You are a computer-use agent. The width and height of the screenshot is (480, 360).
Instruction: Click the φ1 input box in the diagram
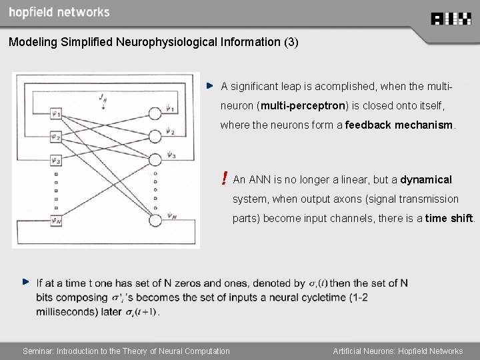coord(55,115)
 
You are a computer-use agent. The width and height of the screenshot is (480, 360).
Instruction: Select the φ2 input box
coord(55,137)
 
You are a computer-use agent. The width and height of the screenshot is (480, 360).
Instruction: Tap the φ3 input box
coord(55,160)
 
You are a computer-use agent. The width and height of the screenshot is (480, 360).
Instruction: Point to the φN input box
coord(55,219)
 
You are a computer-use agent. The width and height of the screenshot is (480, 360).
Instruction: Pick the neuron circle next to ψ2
coord(155,136)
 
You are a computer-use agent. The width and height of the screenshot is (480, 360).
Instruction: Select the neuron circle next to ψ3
coord(155,159)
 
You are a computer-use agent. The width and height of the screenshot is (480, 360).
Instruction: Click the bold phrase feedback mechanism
coord(399,125)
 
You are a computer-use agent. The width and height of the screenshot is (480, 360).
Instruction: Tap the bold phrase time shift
coord(449,218)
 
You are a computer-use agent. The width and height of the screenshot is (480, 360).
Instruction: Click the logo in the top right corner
coord(451,19)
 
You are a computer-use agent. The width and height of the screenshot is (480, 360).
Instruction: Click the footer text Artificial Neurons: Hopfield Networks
coord(398,351)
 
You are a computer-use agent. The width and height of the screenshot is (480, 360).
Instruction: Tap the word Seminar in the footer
coord(38,351)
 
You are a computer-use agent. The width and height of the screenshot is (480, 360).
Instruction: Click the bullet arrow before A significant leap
coord(209,86)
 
